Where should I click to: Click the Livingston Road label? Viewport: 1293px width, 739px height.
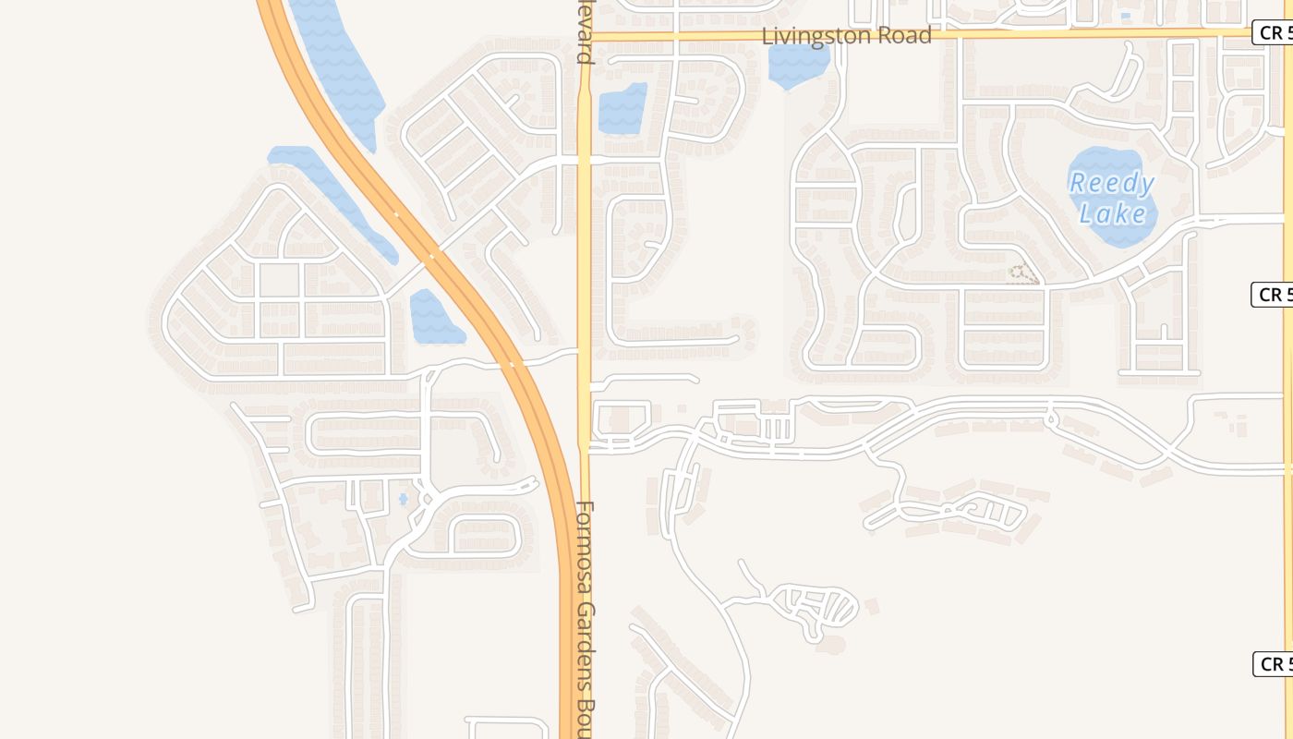click(x=846, y=36)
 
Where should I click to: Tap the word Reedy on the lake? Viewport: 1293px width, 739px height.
click(x=1112, y=183)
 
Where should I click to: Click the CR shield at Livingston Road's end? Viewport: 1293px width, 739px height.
click(x=1273, y=33)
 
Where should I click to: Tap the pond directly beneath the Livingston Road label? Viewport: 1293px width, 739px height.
click(x=797, y=66)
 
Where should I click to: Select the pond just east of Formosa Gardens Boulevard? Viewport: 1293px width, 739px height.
click(x=621, y=110)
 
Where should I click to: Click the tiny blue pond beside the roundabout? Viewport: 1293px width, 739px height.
click(x=403, y=500)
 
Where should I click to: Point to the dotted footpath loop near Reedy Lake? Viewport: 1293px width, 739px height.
click(x=1022, y=273)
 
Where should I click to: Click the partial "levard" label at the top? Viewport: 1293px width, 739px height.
click(x=585, y=33)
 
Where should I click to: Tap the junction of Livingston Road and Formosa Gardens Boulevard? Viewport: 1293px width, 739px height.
click(x=585, y=37)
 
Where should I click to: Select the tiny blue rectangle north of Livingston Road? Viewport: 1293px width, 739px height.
click(x=1124, y=16)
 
